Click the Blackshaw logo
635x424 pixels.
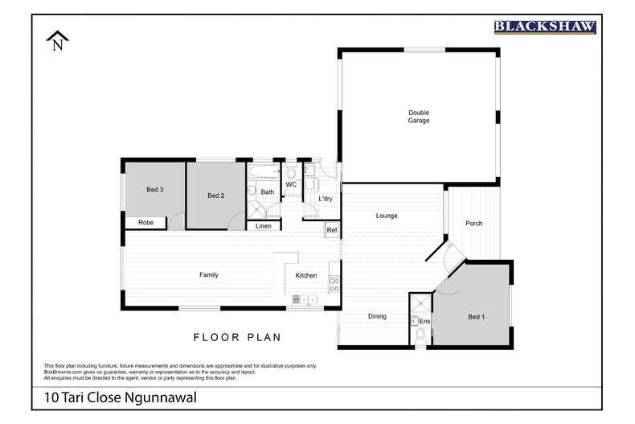click(544, 27)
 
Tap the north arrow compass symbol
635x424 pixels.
click(57, 41)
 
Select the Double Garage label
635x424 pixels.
click(418, 117)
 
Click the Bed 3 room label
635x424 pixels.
click(155, 190)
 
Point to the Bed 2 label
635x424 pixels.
click(215, 196)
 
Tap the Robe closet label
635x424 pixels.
click(145, 223)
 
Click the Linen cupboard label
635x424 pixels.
click(263, 227)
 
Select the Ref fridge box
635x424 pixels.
click(331, 231)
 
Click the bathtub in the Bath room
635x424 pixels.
click(264, 172)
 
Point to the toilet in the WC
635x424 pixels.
click(291, 171)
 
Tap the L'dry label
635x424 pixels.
click(326, 199)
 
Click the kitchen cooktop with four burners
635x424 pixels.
click(334, 284)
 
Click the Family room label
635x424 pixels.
click(209, 275)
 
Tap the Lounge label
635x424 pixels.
click(387, 216)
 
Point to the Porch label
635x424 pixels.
click(474, 223)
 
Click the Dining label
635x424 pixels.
click(377, 316)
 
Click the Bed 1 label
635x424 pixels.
click(477, 317)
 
